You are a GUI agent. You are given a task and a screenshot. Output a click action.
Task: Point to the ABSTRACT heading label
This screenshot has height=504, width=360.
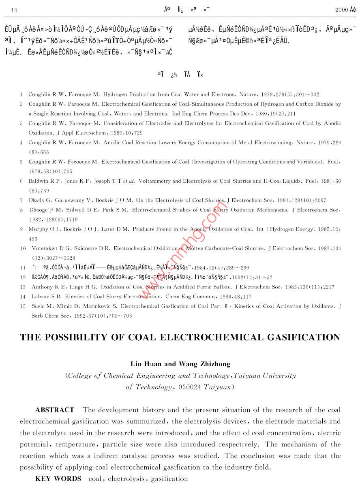point(55,410)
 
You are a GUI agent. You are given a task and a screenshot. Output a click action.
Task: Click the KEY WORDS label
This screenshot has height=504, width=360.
point(58,478)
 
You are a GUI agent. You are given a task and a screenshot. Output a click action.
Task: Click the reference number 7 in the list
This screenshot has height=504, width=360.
point(21,200)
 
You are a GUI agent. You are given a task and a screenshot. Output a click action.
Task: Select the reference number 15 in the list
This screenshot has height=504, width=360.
point(23,306)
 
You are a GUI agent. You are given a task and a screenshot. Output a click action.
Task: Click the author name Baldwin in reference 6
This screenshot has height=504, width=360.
point(39,181)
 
